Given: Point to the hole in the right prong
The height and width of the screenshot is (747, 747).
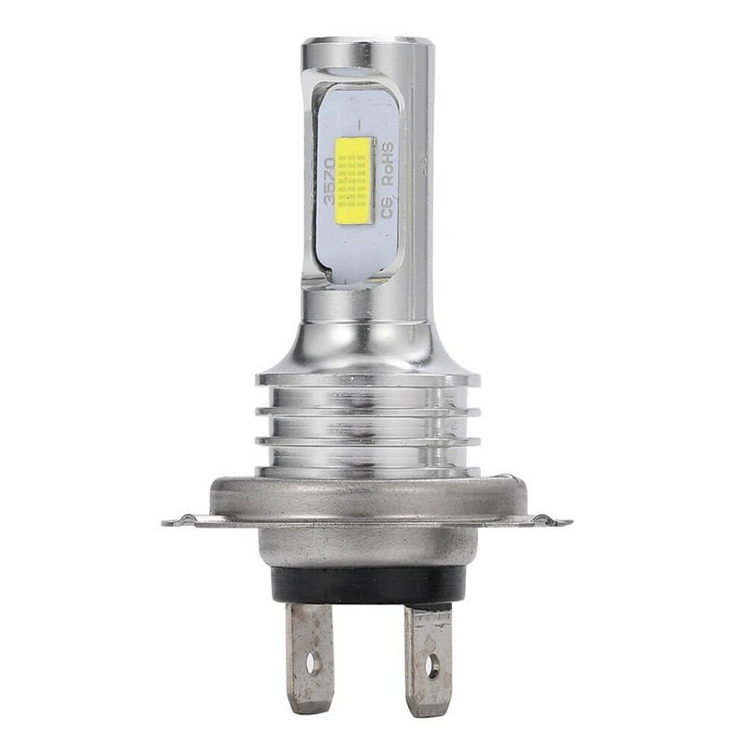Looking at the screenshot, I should tap(431, 667).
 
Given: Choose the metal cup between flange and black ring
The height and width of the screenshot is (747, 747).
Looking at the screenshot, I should tap(369, 547).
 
